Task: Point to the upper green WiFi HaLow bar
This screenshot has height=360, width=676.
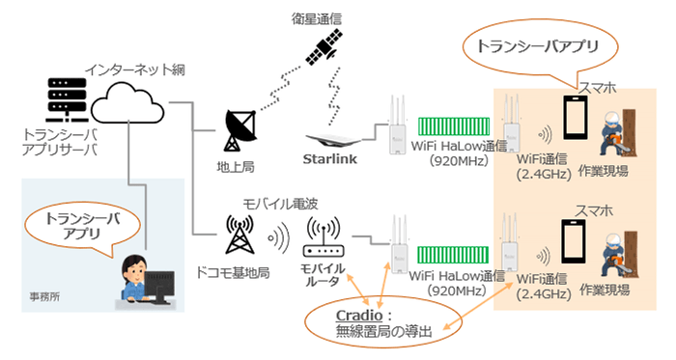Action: (x=454, y=126)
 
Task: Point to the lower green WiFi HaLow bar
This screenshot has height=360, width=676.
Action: (x=454, y=257)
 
